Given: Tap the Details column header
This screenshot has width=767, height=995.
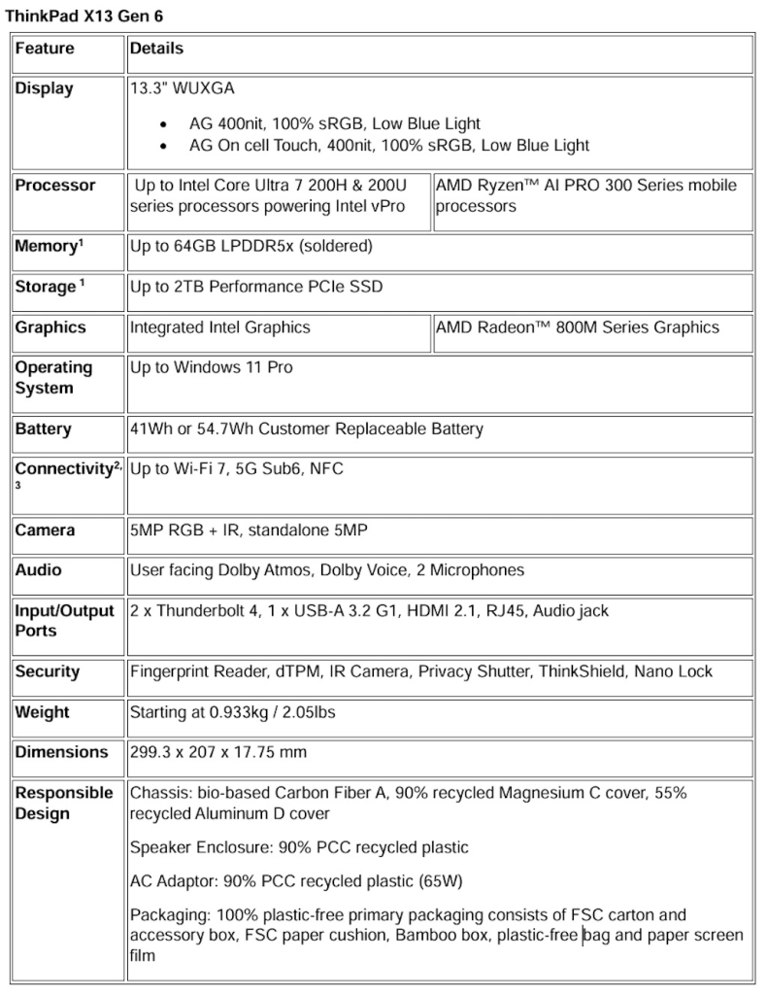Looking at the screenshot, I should (156, 49).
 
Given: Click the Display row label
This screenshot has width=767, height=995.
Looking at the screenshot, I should (44, 88).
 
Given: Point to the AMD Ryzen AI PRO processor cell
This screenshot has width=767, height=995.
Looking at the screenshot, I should (585, 195).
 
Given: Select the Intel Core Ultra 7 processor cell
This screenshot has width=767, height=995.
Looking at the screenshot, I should (279, 195).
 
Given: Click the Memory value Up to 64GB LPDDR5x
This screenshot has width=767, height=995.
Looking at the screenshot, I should (250, 247).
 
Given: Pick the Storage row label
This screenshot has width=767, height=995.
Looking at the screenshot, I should (45, 288).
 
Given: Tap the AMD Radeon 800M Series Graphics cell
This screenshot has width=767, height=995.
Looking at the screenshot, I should (578, 327).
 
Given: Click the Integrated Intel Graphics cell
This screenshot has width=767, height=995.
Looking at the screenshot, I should (220, 327).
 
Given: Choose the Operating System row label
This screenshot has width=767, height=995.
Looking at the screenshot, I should (53, 378).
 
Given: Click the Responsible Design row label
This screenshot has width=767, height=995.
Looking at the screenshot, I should (63, 803).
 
